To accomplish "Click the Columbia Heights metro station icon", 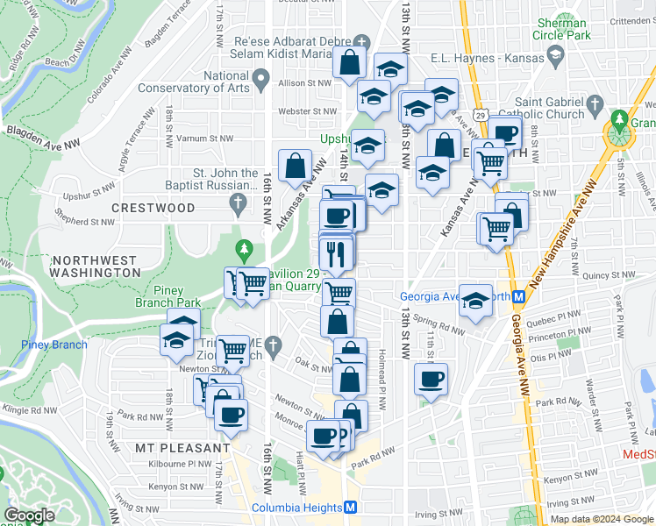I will click(350, 508).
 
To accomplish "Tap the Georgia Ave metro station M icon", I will click(519, 296).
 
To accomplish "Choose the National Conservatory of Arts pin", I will click(260, 82).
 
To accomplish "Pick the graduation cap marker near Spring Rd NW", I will click(474, 301).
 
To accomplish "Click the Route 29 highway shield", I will click(479, 114).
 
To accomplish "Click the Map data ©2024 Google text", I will click(601, 519).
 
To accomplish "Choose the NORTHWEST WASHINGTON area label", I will click(95, 267).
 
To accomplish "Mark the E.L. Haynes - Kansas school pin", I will click(555, 55).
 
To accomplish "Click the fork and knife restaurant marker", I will click(336, 253).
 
